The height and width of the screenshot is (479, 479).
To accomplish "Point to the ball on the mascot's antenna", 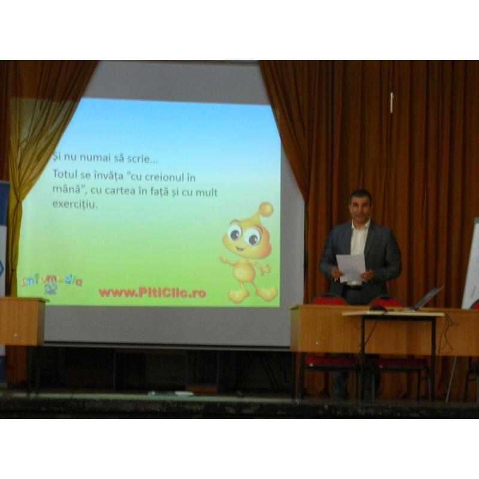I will point(266,209).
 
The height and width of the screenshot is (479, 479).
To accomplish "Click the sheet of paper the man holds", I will point(351,267).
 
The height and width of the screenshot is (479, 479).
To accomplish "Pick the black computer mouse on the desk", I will point(378,308).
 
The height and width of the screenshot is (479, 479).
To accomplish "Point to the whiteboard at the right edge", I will point(471,263).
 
